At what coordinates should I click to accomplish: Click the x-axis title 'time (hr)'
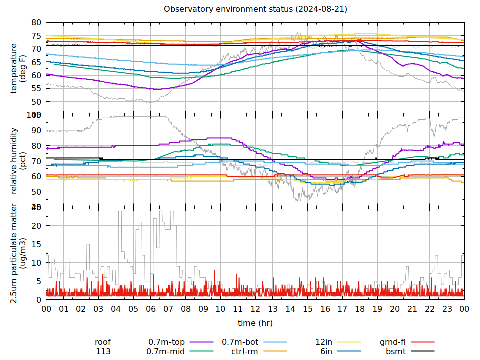(x=255, y=323)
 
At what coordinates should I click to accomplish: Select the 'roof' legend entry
(x=103, y=342)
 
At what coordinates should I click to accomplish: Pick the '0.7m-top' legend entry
(x=167, y=342)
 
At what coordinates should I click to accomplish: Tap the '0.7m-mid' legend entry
(x=166, y=351)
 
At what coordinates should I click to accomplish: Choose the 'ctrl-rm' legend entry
(x=245, y=351)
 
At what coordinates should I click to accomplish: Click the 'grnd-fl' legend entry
(x=392, y=342)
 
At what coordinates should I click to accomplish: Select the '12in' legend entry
(x=324, y=342)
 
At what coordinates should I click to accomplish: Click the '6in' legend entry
(x=326, y=351)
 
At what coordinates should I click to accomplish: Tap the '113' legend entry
(x=103, y=351)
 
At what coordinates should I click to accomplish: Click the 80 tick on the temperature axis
(x=36, y=22)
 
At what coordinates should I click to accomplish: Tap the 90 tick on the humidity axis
(x=36, y=130)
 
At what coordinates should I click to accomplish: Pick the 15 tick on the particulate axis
(x=36, y=244)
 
